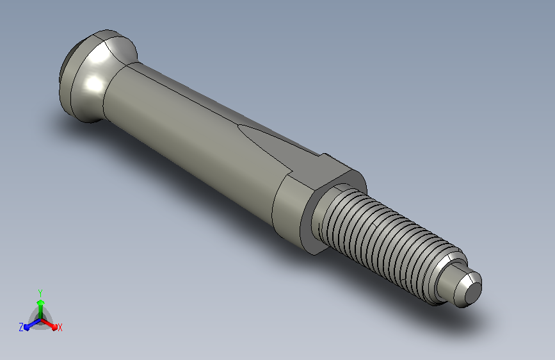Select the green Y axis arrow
(x=41, y=309)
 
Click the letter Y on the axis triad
(x=40, y=293)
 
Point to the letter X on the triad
(x=60, y=328)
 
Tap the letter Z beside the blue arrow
(x=21, y=327)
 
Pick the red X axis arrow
(x=49, y=324)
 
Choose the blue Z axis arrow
(x=33, y=324)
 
